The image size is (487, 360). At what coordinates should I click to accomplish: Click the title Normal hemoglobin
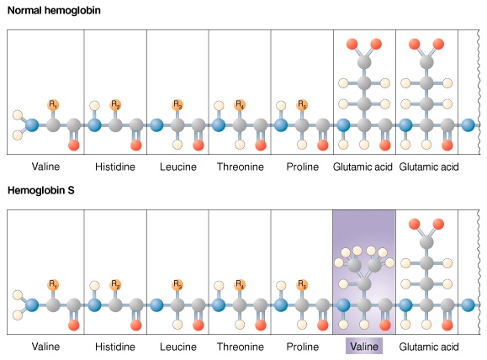(54, 11)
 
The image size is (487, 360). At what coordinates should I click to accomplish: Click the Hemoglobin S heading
(41, 190)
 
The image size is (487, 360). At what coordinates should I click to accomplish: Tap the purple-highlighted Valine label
(364, 347)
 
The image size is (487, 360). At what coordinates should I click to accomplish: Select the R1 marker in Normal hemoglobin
(53, 104)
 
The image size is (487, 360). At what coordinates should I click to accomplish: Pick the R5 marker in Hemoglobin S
(302, 284)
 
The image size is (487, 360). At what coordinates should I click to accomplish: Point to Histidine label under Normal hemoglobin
(115, 167)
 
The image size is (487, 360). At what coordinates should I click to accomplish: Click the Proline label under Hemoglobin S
(303, 347)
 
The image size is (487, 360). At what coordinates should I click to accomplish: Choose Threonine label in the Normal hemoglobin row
(240, 167)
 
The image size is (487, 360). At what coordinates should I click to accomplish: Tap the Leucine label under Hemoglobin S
(178, 347)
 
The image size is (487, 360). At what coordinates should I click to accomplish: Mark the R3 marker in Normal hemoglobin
(177, 104)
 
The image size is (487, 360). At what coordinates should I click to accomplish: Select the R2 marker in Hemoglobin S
(115, 284)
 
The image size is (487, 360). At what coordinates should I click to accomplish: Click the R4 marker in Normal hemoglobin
(240, 104)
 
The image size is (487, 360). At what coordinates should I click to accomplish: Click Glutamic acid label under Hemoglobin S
(429, 347)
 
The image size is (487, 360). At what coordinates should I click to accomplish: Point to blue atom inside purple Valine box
(343, 305)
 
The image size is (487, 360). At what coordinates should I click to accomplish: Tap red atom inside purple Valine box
(385, 326)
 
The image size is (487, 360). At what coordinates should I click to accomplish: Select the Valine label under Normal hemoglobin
(45, 167)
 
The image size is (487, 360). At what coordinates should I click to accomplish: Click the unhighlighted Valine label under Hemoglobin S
(45, 347)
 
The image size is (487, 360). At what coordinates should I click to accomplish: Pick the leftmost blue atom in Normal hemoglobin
(32, 125)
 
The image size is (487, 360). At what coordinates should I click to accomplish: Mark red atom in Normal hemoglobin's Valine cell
(74, 145)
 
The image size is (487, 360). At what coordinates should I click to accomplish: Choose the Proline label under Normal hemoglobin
(303, 167)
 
